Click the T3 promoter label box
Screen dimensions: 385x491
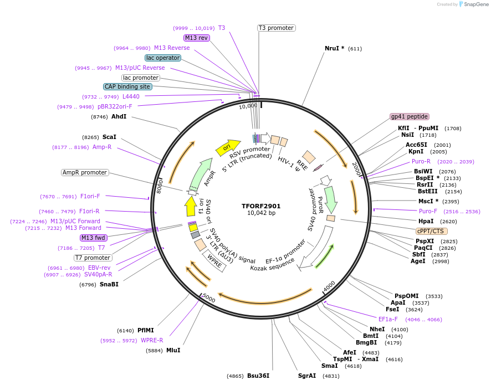click(277, 28)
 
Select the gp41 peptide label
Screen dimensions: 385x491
click(410, 116)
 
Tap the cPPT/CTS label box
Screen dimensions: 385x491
click(432, 231)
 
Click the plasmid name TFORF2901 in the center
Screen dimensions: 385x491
click(261, 206)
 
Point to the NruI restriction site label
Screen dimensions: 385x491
click(334, 49)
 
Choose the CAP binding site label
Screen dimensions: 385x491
click(127, 86)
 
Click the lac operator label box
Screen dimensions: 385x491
click(163, 58)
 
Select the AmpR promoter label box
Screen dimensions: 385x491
click(85, 172)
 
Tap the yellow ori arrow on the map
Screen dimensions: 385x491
click(227, 147)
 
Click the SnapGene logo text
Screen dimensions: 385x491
click(473, 4)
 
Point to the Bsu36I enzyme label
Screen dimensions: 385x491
click(258, 376)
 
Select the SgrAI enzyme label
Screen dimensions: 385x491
click(307, 376)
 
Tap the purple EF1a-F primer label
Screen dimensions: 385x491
click(388, 319)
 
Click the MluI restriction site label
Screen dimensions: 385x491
click(173, 351)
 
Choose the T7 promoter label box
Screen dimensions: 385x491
click(93, 258)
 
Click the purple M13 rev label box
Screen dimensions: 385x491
click(197, 38)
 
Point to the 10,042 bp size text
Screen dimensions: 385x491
click(261, 213)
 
